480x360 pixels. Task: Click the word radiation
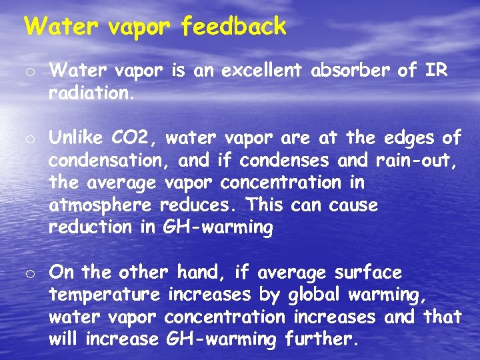pos(91,93)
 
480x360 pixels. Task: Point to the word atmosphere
pos(101,205)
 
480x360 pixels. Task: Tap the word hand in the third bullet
pos(198,273)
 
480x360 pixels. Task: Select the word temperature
pos(105,295)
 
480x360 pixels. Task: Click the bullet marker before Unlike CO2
pos(30,139)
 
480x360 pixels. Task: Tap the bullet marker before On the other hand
pos(30,273)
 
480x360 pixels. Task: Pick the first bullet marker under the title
pos(30,71)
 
